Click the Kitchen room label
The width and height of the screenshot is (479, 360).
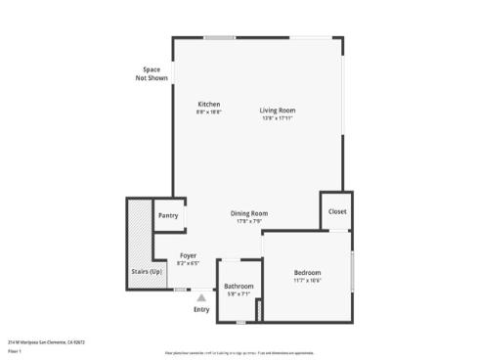[209, 104]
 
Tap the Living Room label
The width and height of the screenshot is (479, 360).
[278, 111]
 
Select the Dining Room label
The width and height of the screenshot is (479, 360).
[249, 213]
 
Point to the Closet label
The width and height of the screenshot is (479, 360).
[337, 211]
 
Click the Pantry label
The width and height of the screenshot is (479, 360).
[168, 215]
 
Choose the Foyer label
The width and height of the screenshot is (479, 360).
[188, 255]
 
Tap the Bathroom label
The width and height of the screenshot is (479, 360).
[239, 286]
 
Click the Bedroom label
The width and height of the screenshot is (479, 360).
[307, 272]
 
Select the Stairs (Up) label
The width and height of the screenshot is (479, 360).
[147, 271]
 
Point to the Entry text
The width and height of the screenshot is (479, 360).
[201, 309]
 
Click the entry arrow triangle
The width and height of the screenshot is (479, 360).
[201, 296]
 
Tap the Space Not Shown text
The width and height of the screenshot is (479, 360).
[152, 73]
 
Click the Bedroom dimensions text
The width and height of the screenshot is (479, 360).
[307, 281]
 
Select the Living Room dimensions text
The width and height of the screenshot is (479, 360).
[278, 119]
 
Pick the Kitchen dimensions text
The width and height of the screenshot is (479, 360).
[209, 112]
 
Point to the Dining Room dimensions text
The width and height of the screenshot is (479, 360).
[249, 222]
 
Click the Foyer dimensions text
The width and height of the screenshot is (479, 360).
[188, 264]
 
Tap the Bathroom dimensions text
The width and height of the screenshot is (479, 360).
[239, 294]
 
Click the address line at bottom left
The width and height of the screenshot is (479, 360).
[47, 342]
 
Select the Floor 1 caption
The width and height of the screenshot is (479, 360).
[15, 350]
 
